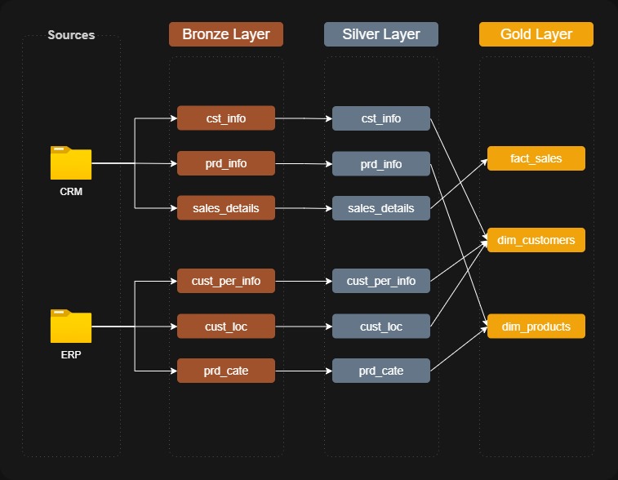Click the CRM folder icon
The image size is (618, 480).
pos(71,162)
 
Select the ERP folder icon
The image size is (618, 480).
pos(71,326)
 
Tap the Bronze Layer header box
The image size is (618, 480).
pos(226,34)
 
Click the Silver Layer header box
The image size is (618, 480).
pos(381,34)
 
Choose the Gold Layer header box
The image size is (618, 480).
pos(536,34)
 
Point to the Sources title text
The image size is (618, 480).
pos(71,35)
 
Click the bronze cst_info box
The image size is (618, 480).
pos(226,118)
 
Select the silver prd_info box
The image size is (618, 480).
pos(381,163)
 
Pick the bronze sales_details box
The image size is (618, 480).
pos(226,207)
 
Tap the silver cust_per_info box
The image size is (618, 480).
pos(381,281)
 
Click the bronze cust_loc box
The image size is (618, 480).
pos(226,326)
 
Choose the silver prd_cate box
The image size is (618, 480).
pos(381,371)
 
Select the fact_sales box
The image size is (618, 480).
pos(536,158)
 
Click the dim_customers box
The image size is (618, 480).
pos(536,240)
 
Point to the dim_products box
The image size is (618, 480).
pos(536,326)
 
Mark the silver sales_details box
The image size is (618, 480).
pos(381,208)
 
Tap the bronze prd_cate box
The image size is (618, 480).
pos(226,371)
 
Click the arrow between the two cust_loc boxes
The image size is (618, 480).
pos(304,327)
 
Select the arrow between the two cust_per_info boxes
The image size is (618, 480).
pos(304,281)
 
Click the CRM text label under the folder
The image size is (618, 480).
pos(71,192)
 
